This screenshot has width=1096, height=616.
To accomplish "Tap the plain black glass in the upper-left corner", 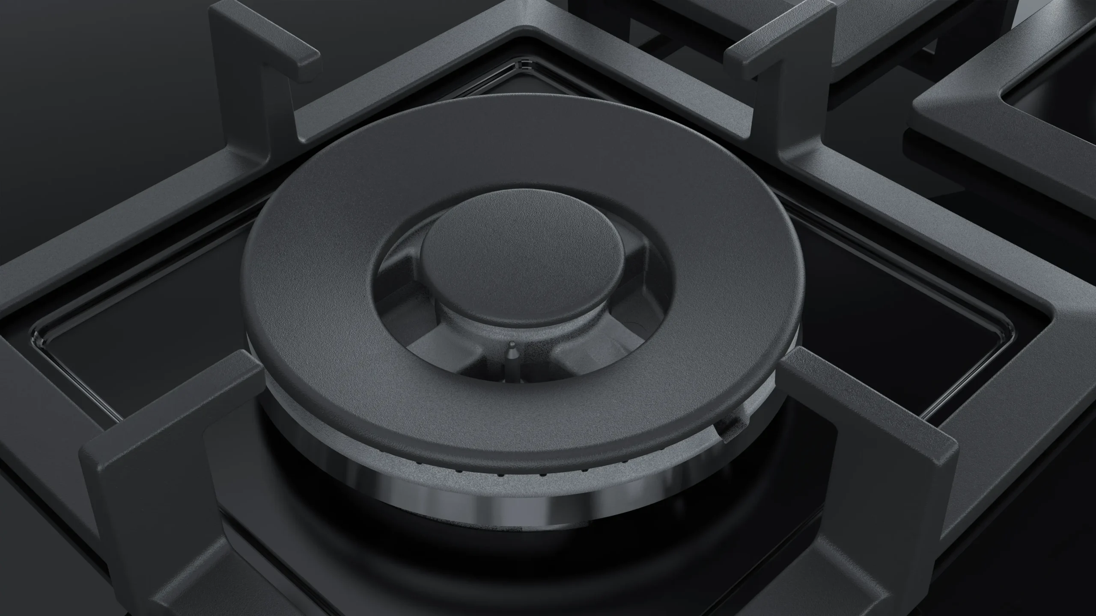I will pyautogui.click(x=86, y=64).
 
